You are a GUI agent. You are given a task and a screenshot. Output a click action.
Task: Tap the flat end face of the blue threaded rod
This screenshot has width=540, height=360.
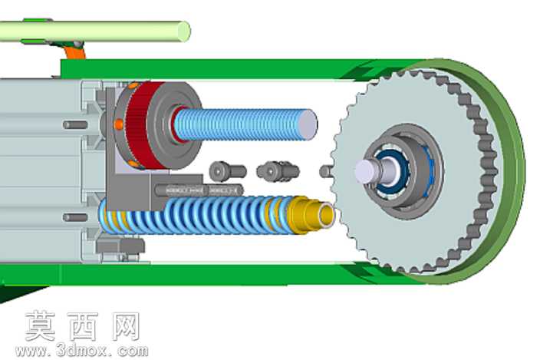point(307,124)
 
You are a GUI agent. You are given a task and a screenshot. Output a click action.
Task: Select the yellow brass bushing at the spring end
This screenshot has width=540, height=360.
point(309,215)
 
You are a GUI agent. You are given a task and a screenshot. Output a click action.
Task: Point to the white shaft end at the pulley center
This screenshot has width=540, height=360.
point(366,170)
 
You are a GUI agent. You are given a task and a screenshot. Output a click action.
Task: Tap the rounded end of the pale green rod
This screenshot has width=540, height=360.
point(184,31)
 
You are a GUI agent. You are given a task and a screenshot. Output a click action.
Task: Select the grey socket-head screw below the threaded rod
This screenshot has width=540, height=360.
point(227,171)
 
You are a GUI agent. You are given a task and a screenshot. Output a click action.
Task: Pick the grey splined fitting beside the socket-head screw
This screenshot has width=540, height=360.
point(278,171)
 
